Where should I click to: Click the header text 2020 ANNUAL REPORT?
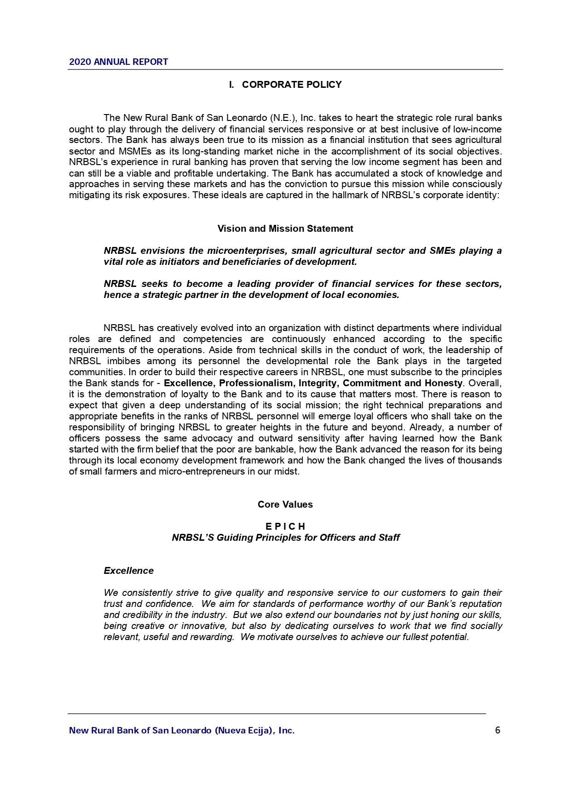click(x=118, y=62)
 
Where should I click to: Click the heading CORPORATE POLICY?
click(x=292, y=85)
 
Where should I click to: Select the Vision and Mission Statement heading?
click(x=285, y=229)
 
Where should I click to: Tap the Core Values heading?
click(x=285, y=504)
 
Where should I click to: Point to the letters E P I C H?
click(x=285, y=527)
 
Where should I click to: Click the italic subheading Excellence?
click(x=128, y=571)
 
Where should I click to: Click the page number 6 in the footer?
click(x=497, y=730)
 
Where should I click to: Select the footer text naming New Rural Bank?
click(x=182, y=730)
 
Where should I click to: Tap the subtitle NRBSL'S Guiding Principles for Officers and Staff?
click(x=285, y=538)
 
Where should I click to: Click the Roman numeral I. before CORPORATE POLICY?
click(x=231, y=85)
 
